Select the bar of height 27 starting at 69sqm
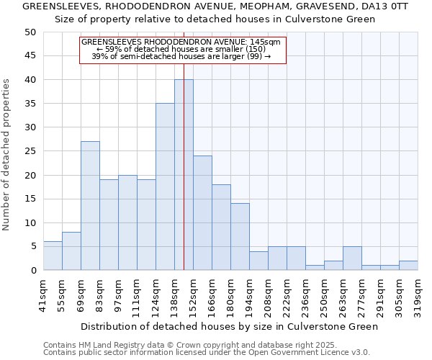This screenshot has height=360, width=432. [90, 206]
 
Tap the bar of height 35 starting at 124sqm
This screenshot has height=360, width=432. [165, 186]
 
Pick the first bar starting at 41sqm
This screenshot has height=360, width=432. [53, 256]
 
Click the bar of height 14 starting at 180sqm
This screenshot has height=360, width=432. [240, 237]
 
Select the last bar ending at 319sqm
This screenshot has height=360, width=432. [408, 266]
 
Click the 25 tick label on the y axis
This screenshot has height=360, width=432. [30, 151]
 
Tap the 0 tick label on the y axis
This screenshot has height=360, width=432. [33, 271]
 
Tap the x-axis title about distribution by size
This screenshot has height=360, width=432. [230, 326]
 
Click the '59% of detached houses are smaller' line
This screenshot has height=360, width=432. [183, 49]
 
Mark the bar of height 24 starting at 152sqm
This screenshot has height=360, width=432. [202, 213]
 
